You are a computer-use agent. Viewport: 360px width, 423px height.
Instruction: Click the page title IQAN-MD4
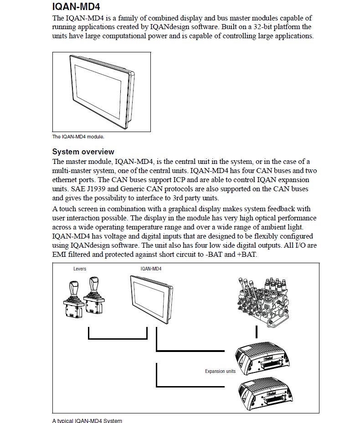pyautogui.click(x=76, y=6)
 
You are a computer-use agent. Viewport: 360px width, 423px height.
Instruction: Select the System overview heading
pyautogui.click(x=83, y=152)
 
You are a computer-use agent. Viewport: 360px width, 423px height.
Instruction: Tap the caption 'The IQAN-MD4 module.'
pyautogui.click(x=78, y=137)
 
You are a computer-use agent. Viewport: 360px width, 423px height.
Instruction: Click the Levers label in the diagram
pyautogui.click(x=80, y=269)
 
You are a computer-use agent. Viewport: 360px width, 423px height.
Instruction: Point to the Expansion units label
pyautogui.click(x=220, y=371)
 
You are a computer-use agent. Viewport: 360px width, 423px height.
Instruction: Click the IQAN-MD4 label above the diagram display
pyautogui.click(x=151, y=269)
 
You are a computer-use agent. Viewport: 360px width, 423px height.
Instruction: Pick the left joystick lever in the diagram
pyautogui.click(x=72, y=299)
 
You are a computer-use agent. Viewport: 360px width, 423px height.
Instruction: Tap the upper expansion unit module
pyautogui.click(x=262, y=358)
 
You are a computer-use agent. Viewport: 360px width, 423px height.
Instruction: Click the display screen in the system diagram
pyautogui.click(x=151, y=300)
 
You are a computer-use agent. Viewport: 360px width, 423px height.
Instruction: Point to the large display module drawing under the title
pyautogui.click(x=102, y=92)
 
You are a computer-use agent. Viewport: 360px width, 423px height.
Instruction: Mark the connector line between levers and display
pyautogui.click(x=118, y=339)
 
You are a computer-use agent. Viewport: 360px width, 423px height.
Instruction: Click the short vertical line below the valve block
pyautogui.click(x=256, y=332)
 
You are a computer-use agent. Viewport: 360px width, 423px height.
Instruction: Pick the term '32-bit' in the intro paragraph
pyautogui.click(x=262, y=27)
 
